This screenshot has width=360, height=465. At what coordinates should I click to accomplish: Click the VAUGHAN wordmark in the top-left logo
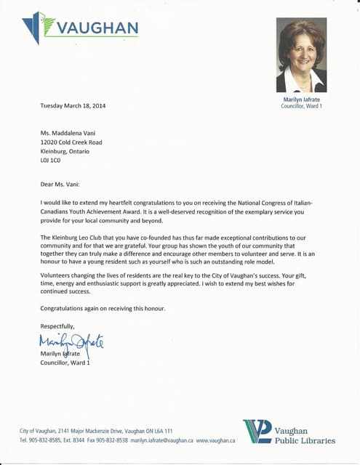coord(97,28)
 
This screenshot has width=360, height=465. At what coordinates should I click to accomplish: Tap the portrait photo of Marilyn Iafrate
coord(301,55)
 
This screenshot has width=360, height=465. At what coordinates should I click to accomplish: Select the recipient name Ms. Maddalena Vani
coord(71,133)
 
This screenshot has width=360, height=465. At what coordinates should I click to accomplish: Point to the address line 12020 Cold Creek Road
coord(71,142)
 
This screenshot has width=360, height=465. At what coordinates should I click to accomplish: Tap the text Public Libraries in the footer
coord(305,440)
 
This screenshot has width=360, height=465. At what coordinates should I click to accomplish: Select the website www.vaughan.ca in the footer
coord(215,440)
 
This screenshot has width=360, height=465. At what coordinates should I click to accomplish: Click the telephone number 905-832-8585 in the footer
coord(49,440)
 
